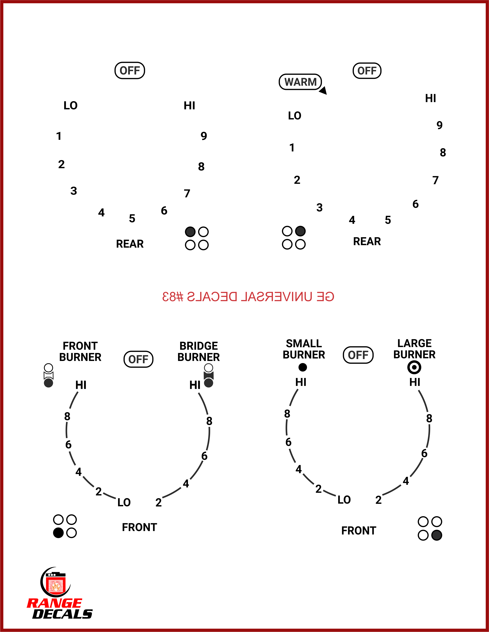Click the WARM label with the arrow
[x=300, y=82]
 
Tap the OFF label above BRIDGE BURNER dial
[x=138, y=359]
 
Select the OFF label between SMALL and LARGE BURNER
[x=358, y=355]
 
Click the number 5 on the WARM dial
[x=388, y=220]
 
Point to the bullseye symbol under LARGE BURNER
[x=414, y=367]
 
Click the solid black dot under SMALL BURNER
[x=303, y=367]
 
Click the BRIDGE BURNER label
[x=198, y=351]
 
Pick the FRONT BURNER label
[x=80, y=351]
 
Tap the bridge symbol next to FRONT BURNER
[x=48, y=375]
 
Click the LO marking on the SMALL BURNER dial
[x=344, y=500]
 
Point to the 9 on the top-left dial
[x=204, y=136]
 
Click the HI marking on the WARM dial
[x=431, y=98]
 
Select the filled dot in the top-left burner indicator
[x=190, y=231]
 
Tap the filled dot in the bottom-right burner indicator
[x=437, y=535]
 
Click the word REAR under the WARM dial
[x=367, y=241]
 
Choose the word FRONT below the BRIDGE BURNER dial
[x=139, y=527]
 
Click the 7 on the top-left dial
[x=187, y=193]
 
